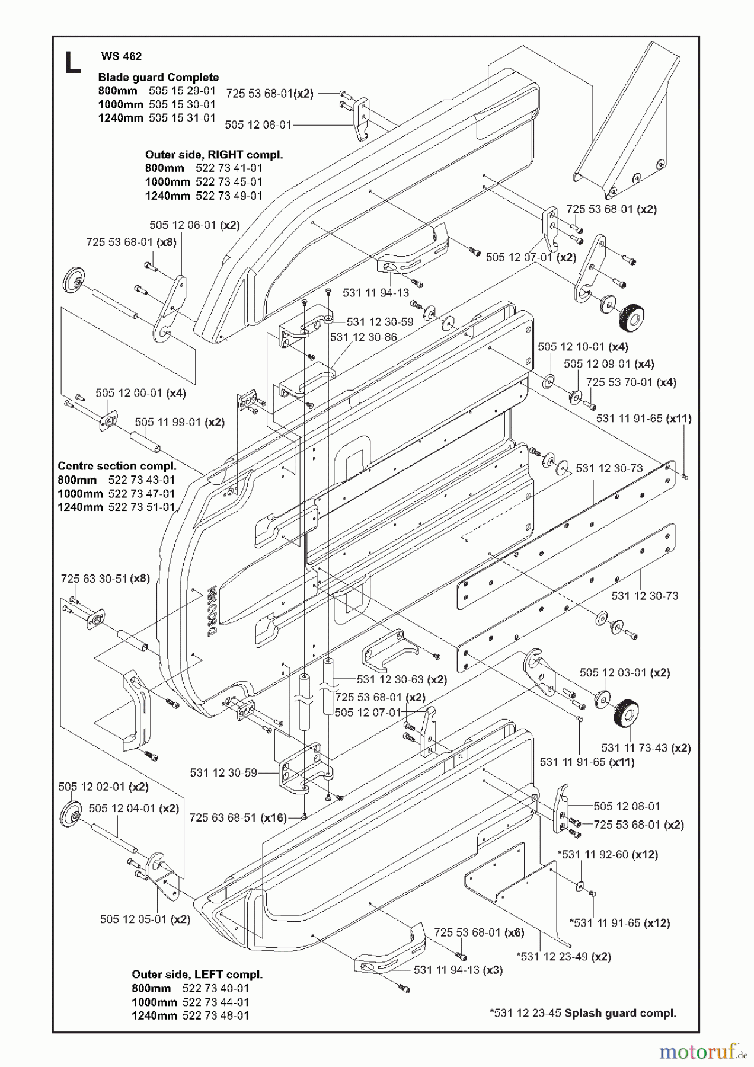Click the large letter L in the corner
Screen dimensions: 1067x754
pyautogui.click(x=72, y=63)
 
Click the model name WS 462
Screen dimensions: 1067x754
pyautogui.click(x=122, y=56)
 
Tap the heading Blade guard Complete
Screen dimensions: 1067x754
pyautogui.click(x=158, y=77)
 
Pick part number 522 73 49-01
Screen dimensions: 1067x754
pyautogui.click(x=229, y=196)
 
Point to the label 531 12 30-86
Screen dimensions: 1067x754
pyautogui.click(x=363, y=337)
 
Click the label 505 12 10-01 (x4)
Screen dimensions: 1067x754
pyautogui.click(x=583, y=346)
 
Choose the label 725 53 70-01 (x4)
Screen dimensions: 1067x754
pyautogui.click(x=631, y=382)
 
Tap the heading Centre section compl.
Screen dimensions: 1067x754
pyautogui.click(x=117, y=466)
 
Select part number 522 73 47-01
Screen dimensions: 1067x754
pyautogui.click(x=142, y=493)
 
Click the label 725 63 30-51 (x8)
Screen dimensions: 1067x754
pyautogui.click(x=105, y=579)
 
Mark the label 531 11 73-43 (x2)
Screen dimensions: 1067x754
pyautogui.click(x=646, y=748)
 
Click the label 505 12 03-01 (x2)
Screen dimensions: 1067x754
pyautogui.click(x=625, y=672)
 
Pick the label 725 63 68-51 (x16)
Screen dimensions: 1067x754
pyautogui.click(x=238, y=817)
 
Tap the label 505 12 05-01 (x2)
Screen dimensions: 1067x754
pyautogui.click(x=145, y=919)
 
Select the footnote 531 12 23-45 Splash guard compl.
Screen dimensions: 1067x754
pyautogui.click(x=583, y=1013)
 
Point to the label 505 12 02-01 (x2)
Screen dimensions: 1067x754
pyautogui.click(x=103, y=787)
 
